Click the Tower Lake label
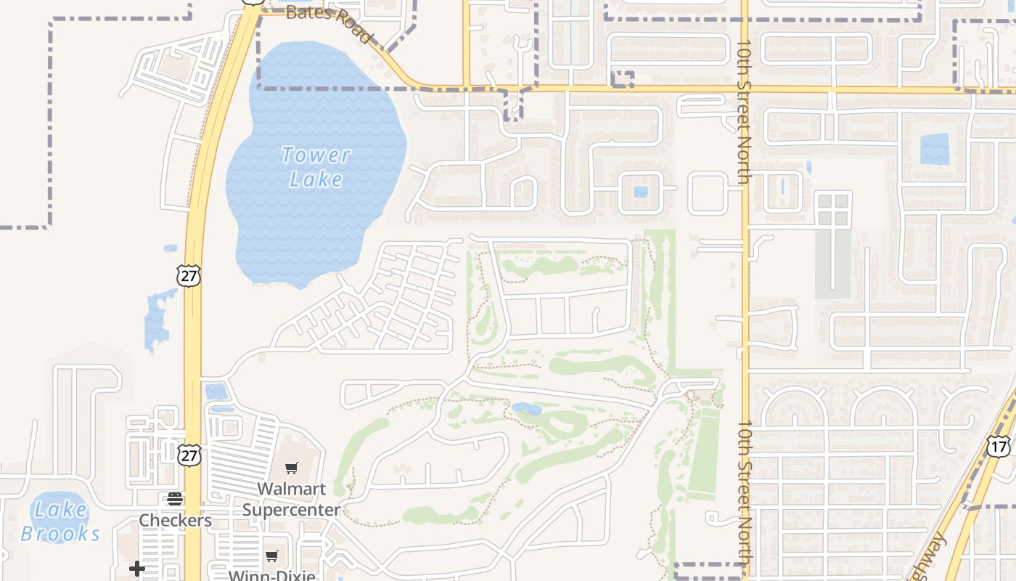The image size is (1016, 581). (x=316, y=166)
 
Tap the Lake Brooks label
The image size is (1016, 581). (x=60, y=521)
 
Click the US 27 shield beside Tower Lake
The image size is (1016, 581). (x=188, y=275)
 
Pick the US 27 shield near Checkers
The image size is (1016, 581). (x=189, y=455)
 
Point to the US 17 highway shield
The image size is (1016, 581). (x=999, y=445)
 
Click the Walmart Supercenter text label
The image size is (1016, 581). (x=291, y=499)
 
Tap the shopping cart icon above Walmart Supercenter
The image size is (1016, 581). (x=292, y=468)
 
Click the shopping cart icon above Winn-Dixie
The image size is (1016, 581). (x=272, y=556)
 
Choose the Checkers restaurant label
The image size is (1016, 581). (x=175, y=520)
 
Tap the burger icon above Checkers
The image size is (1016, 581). (x=175, y=498)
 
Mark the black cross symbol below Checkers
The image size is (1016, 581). (x=137, y=568)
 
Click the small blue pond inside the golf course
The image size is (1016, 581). (x=526, y=409)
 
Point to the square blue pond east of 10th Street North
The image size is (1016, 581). (x=934, y=149)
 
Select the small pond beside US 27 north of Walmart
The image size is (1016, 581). (x=216, y=392)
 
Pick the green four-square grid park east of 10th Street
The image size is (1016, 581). (x=833, y=209)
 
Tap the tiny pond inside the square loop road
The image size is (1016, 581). (x=640, y=192)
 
